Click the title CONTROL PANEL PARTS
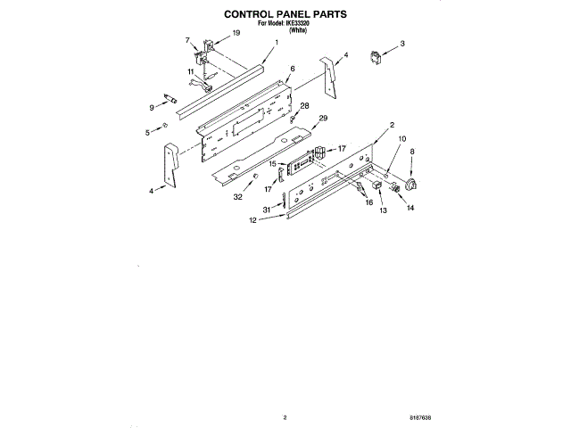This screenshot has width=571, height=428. [285, 15]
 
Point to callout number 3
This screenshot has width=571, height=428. [402, 43]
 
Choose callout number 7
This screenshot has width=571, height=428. [187, 41]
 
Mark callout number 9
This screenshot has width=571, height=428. [152, 107]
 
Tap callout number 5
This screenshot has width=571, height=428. [147, 132]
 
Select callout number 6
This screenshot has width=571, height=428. [291, 69]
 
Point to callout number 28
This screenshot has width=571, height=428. [303, 106]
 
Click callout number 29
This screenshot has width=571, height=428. [323, 118]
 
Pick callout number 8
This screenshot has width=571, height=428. [411, 152]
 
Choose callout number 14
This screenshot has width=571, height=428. [410, 208]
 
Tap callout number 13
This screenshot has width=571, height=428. [383, 212]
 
